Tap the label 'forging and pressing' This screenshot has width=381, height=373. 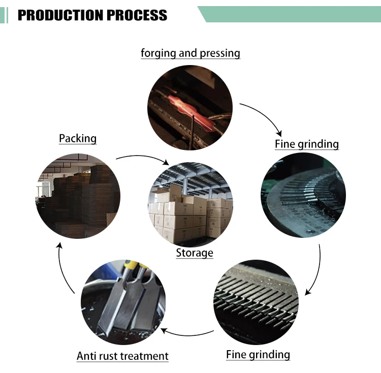(190, 53)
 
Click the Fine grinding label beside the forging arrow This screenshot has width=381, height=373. (306, 144)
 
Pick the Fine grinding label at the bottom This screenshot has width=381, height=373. (258, 354)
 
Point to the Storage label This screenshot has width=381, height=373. (195, 252)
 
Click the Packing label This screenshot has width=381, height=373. (78, 138)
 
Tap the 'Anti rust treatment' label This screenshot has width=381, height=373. (122, 356)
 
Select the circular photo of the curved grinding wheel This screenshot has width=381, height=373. (303, 195)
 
